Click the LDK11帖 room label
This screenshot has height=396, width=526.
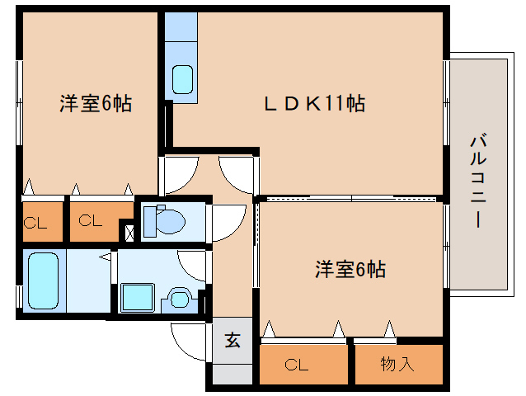coord(314,105)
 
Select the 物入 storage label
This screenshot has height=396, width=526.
coord(397,363)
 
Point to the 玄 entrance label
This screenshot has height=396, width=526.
coord(233,340)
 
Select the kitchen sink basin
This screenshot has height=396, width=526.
coord(182,80)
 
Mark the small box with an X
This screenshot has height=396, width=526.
coord(129,232)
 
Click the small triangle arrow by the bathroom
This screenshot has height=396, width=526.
coord(106,258)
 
